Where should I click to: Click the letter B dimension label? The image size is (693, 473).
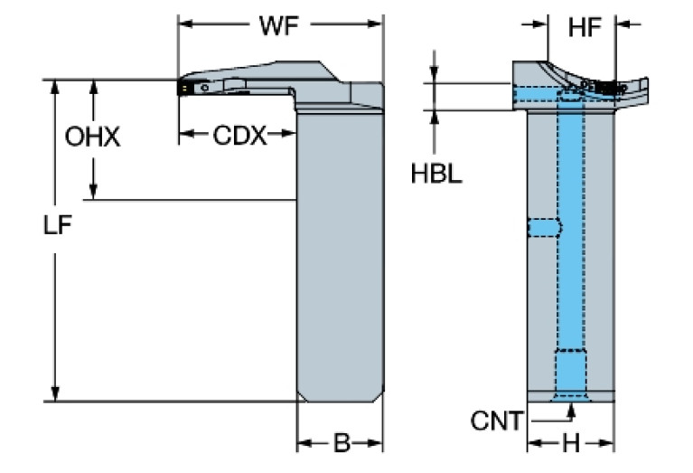pyautogui.click(x=341, y=443)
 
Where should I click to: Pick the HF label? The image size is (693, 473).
pyautogui.click(x=584, y=28)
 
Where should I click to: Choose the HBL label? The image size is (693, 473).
pyautogui.click(x=436, y=174)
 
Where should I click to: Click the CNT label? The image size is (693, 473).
pyautogui.click(x=496, y=420)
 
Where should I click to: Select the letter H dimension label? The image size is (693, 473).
pyautogui.click(x=570, y=443)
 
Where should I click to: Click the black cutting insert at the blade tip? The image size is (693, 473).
pyautogui.click(x=185, y=88)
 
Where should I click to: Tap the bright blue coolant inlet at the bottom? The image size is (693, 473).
pyautogui.click(x=570, y=372)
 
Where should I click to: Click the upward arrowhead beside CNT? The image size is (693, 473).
pyautogui.click(x=570, y=412)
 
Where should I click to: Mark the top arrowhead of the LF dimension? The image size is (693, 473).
pyautogui.click(x=56, y=88)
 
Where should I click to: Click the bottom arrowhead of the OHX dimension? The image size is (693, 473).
pyautogui.click(x=93, y=192)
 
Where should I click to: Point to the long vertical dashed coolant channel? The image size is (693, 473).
pyautogui.click(x=569, y=217)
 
